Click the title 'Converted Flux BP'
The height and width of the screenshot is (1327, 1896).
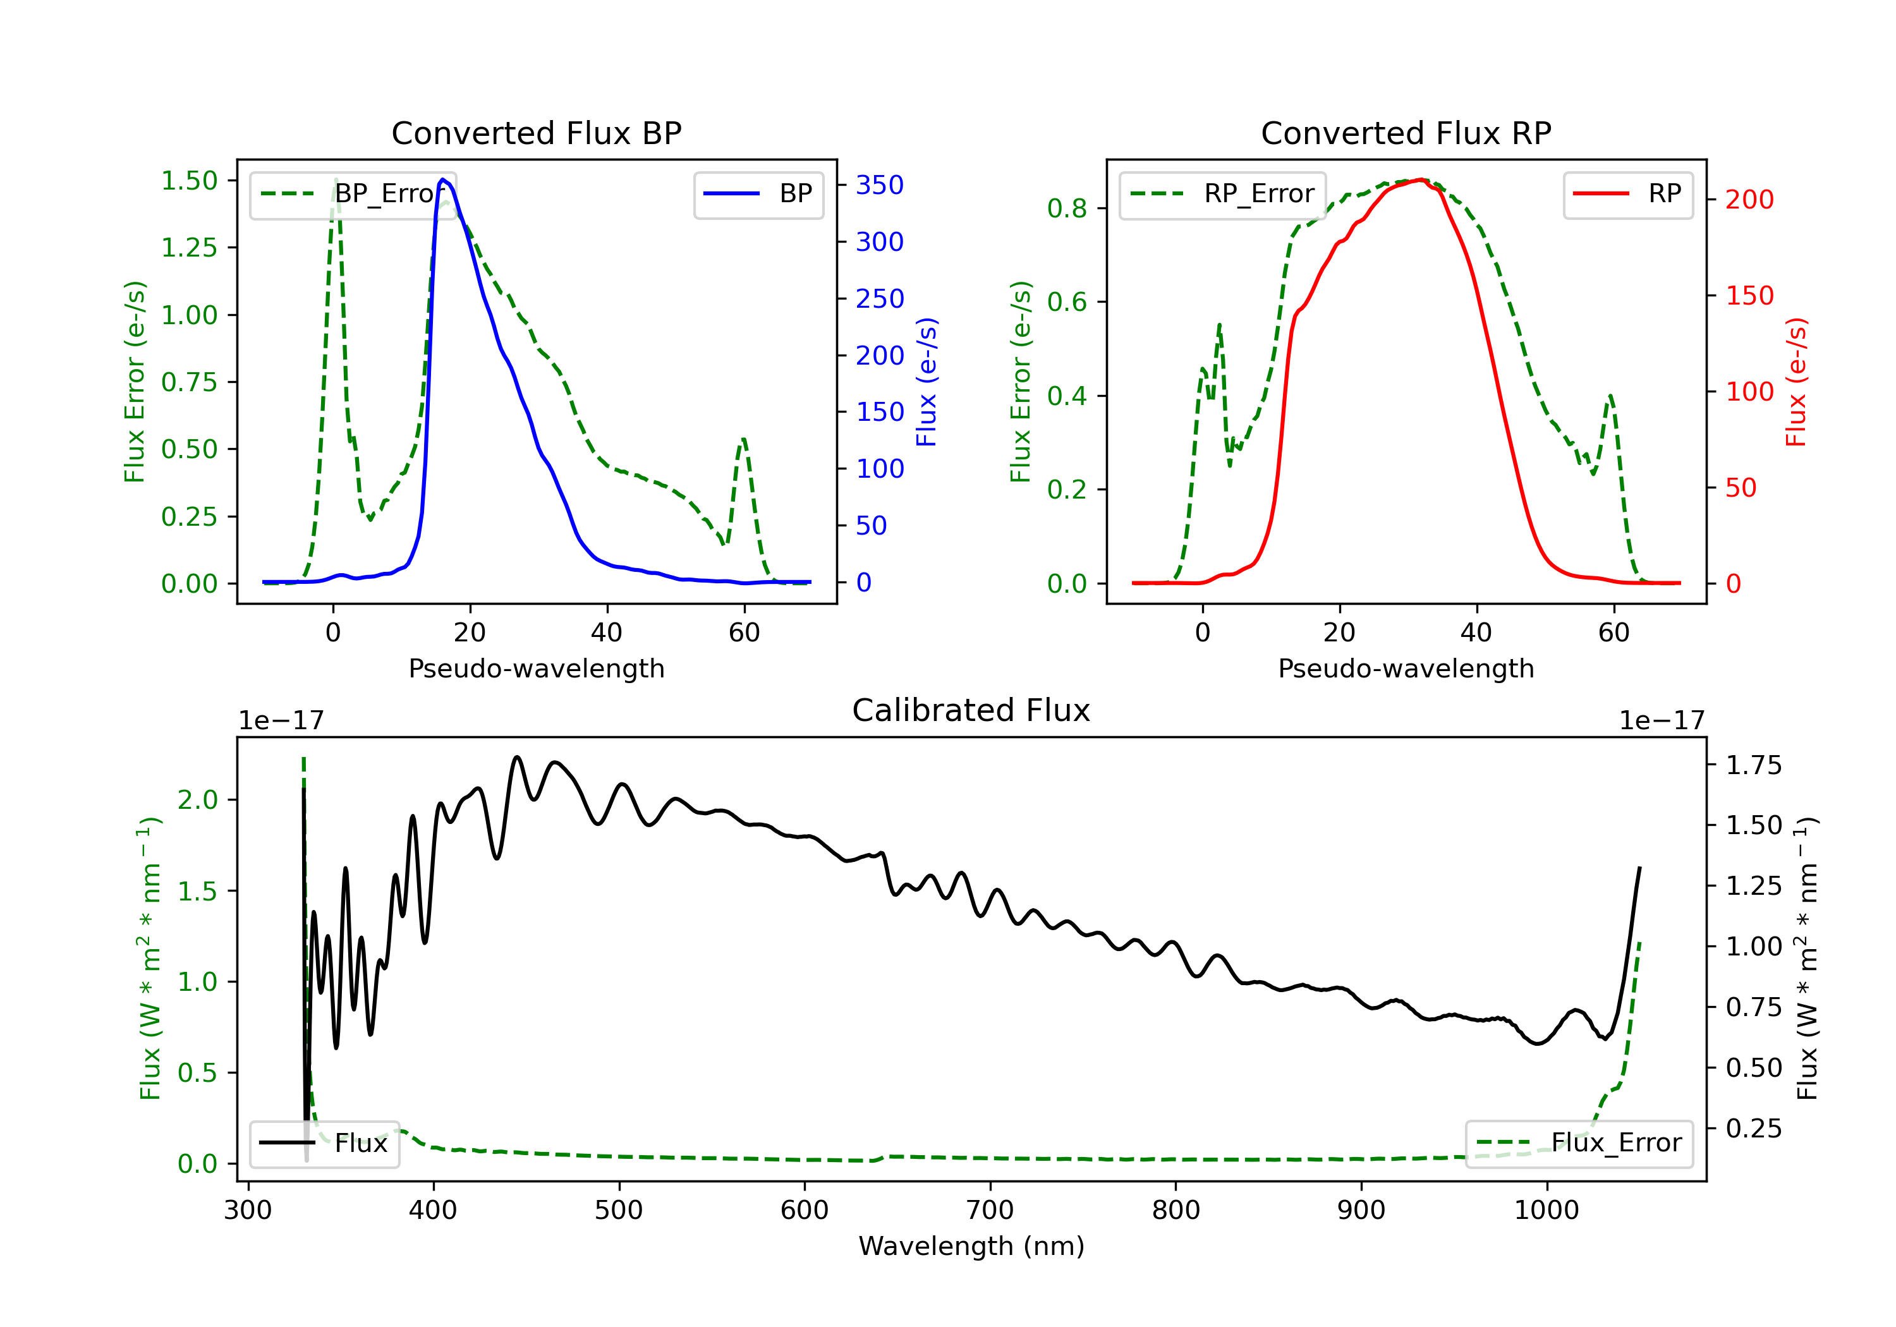coord(536,133)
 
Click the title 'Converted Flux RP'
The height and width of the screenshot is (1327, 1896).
coord(1406,133)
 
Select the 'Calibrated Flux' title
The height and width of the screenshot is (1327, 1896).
coord(971,710)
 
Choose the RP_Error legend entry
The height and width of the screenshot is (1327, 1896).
coord(1222,194)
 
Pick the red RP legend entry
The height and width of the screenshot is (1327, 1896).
coord(1627,194)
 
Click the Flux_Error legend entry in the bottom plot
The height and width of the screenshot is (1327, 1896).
coord(1579,1143)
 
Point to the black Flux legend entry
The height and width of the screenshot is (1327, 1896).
coord(324,1143)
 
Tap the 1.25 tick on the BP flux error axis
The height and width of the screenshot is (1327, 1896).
coord(189,248)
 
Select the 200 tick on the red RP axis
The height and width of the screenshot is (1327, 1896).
coord(1749,199)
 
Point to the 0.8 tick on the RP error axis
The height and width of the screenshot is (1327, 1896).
coord(1067,208)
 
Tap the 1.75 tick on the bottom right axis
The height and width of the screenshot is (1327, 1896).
coord(1754,765)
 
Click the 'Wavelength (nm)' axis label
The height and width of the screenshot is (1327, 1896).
coord(971,1246)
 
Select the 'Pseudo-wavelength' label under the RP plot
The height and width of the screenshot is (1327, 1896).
coord(1406,668)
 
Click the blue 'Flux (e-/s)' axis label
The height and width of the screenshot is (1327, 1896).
coord(927,382)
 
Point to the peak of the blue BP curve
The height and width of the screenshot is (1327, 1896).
coord(442,179)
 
